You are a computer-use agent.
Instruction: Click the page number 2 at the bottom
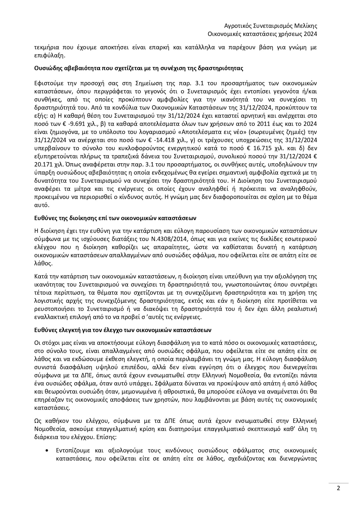(x=338, y=488)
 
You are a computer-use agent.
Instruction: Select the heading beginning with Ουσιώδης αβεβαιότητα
(x=138, y=68)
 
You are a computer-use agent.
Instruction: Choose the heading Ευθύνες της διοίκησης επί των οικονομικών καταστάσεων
(x=115, y=218)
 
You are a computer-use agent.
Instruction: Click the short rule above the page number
(x=338, y=483)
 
